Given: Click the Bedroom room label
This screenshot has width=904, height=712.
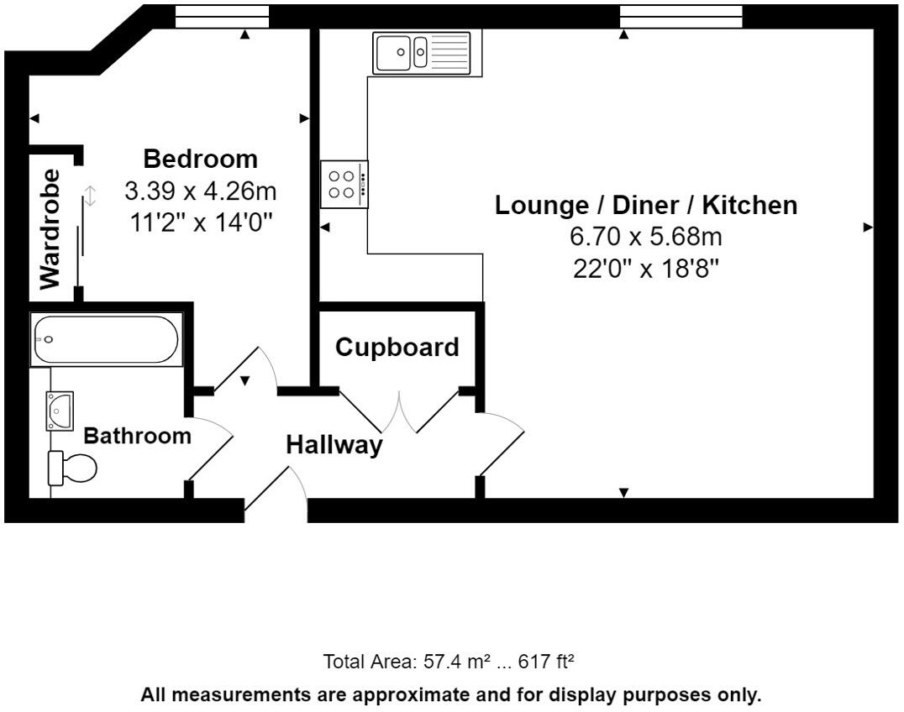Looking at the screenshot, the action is coord(200,159).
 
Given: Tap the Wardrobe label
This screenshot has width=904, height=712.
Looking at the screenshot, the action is coord(50,229).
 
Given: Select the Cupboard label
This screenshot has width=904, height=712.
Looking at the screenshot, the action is coord(397,348).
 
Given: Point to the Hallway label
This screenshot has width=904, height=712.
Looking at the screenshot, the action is coord(334,445).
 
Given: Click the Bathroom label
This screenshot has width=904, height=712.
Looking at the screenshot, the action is coord(137,436).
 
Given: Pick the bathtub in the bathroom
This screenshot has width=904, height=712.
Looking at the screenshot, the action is coord(106,339).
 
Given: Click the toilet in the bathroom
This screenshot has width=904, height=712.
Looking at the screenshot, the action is coord(72,467).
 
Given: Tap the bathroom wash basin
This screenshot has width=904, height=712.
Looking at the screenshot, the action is coord(60,411).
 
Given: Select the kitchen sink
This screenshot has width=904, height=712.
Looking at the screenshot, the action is coord(422,53).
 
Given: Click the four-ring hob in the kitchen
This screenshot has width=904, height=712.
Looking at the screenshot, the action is coord(344,185).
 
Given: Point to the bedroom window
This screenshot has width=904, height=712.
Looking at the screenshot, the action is coord(222,17).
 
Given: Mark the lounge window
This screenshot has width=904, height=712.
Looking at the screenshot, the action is coord(681,17).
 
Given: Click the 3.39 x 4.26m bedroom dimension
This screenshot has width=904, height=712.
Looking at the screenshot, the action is coord(201,191).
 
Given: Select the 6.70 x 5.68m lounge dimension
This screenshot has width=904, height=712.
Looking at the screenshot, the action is coord(646,236).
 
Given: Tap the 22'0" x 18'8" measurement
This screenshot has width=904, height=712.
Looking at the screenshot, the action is coord(646,269).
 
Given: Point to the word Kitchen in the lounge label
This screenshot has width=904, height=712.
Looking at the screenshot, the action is coord(749,205).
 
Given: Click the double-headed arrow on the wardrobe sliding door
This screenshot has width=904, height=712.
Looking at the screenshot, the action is coord(90,196).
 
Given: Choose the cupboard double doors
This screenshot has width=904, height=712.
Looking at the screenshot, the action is coord(399,411).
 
